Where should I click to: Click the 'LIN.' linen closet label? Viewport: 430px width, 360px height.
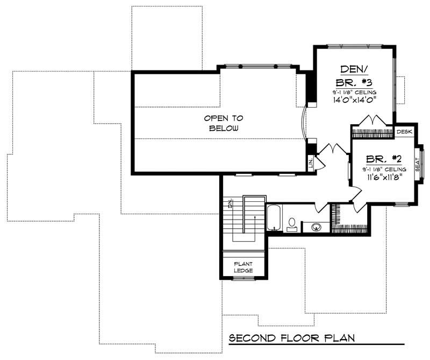[310, 164]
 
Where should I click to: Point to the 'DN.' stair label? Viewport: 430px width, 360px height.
[230, 203]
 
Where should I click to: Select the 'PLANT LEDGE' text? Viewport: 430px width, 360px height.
[243, 267]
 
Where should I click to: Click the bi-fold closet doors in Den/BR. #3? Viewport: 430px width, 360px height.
[374, 120]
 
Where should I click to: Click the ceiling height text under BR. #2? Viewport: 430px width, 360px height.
[384, 168]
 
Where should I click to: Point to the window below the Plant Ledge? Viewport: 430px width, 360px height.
[243, 279]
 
